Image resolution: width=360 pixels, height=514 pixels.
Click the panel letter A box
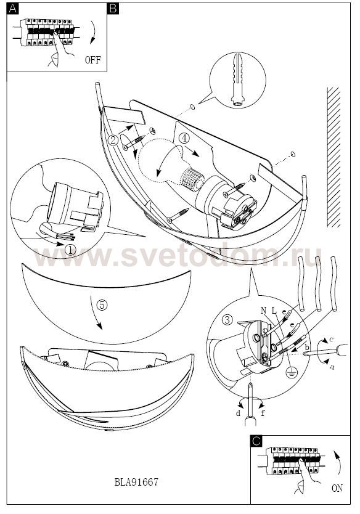pyautogui.click(x=13, y=9)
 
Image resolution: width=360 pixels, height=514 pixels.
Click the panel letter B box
pyautogui.click(x=113, y=9)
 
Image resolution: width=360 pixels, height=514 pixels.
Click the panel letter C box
pyautogui.click(x=256, y=441)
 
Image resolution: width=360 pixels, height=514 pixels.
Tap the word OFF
pyautogui.click(x=93, y=60)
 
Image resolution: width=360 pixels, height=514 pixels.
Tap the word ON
pyautogui.click(x=337, y=489)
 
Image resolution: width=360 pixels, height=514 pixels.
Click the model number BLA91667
pyautogui.click(x=136, y=482)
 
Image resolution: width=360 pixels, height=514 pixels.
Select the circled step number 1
pyautogui.click(x=70, y=250)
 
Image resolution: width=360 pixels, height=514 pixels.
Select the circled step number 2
pyautogui.click(x=113, y=140)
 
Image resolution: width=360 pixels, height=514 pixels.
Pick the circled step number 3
pyautogui.click(x=227, y=320)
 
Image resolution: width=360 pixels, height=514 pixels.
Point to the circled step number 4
pyautogui.click(x=184, y=138)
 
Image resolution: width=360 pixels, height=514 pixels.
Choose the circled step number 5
pyautogui.click(x=102, y=305)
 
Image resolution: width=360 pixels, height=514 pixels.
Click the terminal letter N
pyautogui.click(x=264, y=310)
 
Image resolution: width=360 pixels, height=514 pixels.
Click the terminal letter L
pyautogui.click(x=274, y=310)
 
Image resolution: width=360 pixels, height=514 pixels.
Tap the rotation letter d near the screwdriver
pyautogui.click(x=238, y=413)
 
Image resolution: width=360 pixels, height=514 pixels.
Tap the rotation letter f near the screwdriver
pyautogui.click(x=263, y=413)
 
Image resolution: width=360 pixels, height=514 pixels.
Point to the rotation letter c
pyautogui.click(x=331, y=340)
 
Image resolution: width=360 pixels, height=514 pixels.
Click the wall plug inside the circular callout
pyautogui.click(x=237, y=80)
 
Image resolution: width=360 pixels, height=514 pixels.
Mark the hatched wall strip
pyautogui.click(x=333, y=157)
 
